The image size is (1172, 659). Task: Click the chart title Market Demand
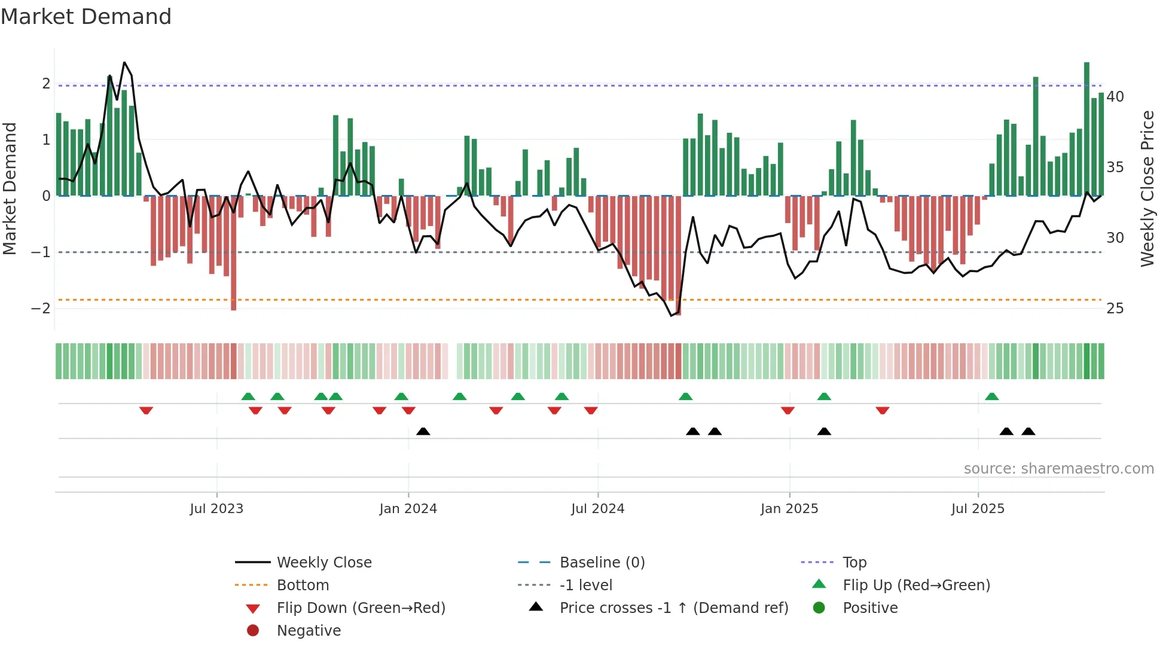click(86, 17)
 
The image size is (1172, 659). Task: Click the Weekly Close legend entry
click(323, 562)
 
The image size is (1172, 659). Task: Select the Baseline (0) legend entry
click(602, 562)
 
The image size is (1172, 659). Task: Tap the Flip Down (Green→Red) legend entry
click(361, 608)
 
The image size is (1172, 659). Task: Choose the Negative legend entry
click(309, 630)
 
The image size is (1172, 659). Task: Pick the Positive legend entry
click(869, 608)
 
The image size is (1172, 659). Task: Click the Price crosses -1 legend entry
click(673, 608)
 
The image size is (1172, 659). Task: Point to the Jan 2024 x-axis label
click(408, 509)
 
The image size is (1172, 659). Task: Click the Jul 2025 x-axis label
click(978, 509)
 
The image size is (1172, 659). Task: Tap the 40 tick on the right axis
click(1115, 97)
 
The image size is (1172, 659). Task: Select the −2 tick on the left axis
click(41, 309)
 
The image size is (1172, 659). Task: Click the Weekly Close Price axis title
click(1147, 188)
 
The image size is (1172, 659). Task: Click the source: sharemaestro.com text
click(1058, 468)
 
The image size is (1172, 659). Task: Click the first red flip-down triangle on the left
click(146, 410)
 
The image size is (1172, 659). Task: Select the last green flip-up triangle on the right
click(991, 396)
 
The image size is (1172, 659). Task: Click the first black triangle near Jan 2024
click(423, 431)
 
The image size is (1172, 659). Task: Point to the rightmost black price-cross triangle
click(1028, 431)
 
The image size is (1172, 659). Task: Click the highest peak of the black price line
click(124, 62)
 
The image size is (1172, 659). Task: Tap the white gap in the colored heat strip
click(452, 361)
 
